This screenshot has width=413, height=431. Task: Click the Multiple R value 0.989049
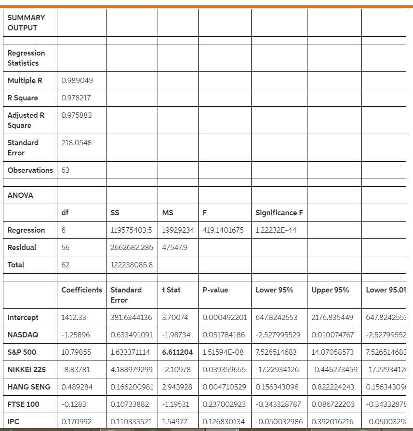pyautogui.click(x=77, y=81)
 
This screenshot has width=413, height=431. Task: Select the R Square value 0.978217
pyautogui.click(x=76, y=98)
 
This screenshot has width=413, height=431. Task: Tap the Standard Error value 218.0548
pyautogui.click(x=76, y=143)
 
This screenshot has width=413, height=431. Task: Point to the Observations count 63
pyautogui.click(x=65, y=170)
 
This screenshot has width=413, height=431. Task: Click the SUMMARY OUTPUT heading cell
pyautogui.click(x=26, y=23)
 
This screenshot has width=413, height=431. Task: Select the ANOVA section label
pyautogui.click(x=20, y=195)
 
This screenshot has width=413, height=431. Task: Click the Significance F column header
pyautogui.click(x=279, y=213)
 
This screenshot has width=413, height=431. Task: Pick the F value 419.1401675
pyautogui.click(x=223, y=230)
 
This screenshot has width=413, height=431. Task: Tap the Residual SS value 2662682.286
pyautogui.click(x=132, y=248)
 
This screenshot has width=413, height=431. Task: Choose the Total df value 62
pyautogui.click(x=66, y=265)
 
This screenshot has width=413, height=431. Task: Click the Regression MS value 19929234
pyautogui.click(x=178, y=230)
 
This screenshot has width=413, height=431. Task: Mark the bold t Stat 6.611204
pyautogui.click(x=177, y=352)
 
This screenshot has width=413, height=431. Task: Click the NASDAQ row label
pyautogui.click(x=23, y=335)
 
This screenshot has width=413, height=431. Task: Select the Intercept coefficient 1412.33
pyautogui.click(x=74, y=318)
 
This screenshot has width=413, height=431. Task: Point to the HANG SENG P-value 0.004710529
pyautogui.click(x=225, y=387)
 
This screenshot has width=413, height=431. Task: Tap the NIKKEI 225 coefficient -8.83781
pyautogui.click(x=75, y=370)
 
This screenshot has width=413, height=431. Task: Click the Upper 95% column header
pyautogui.click(x=330, y=290)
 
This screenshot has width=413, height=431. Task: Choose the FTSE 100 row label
pyautogui.click(x=23, y=404)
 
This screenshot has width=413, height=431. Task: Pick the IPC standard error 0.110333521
pyautogui.click(x=132, y=422)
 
